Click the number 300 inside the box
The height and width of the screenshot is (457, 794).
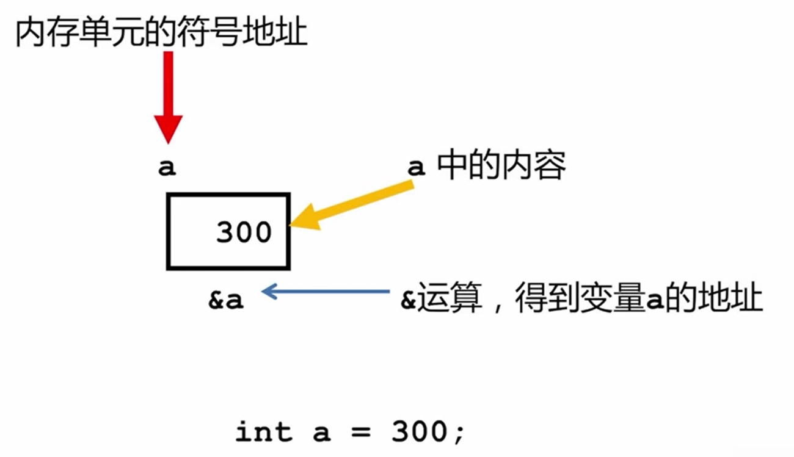coord(244,232)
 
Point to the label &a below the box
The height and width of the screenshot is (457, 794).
coord(226,300)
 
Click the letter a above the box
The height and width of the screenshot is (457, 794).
coord(167,168)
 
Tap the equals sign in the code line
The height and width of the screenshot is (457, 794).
coord(361,432)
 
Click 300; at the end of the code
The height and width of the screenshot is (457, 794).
coord(428,432)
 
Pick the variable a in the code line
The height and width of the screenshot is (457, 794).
coord(321,432)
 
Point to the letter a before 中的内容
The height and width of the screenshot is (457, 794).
coord(416,167)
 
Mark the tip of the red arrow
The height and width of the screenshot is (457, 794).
coord(168,142)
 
